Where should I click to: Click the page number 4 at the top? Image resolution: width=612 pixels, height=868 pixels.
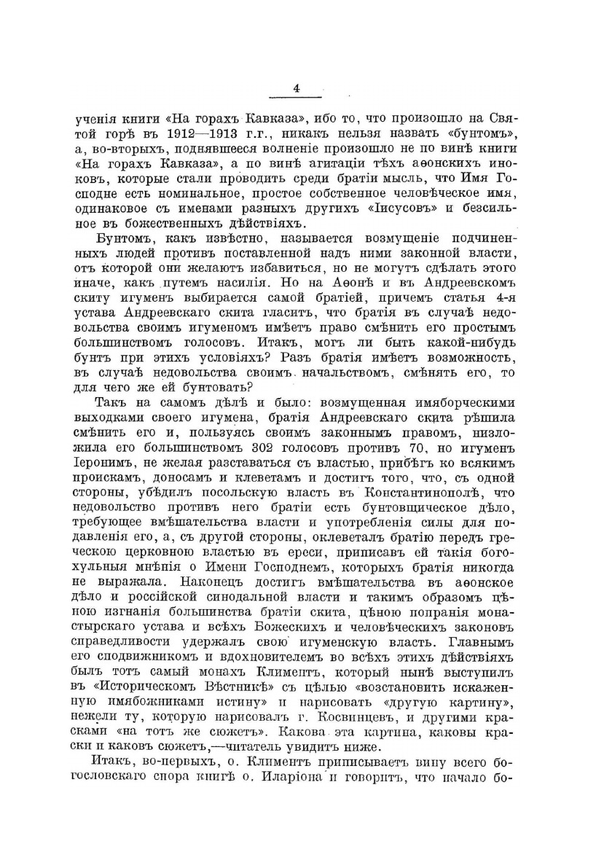297,88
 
